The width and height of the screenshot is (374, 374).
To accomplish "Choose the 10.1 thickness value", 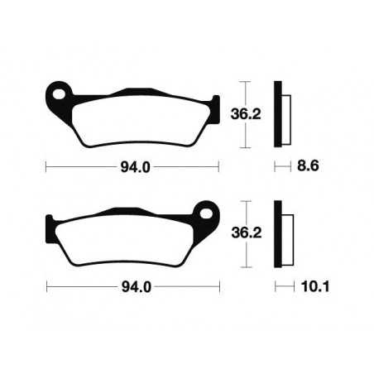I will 309,287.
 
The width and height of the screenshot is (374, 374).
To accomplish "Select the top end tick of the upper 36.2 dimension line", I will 243,82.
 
